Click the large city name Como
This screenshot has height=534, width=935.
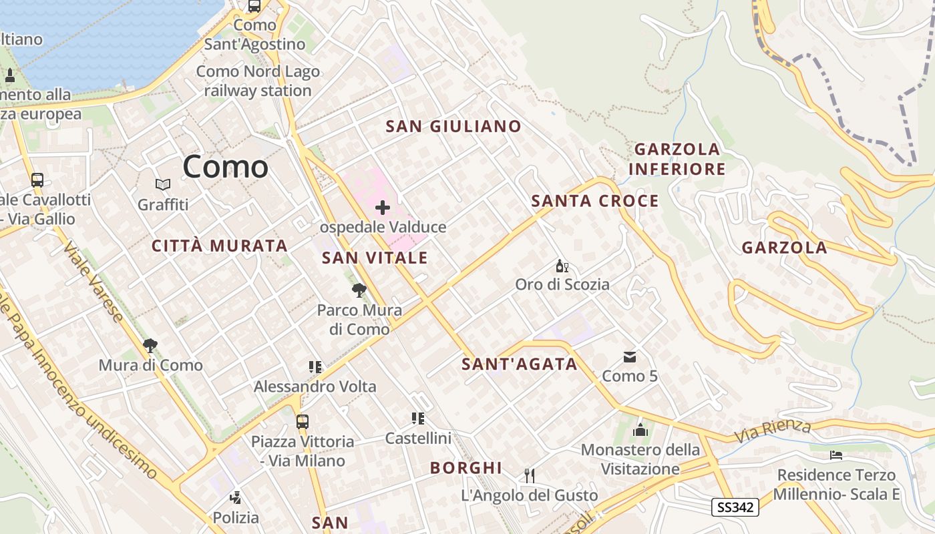tap(226, 166)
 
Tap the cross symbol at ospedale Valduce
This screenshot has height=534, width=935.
tap(383, 208)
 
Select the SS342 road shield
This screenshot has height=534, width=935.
tap(735, 507)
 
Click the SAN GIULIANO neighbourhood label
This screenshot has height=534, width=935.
tap(453, 126)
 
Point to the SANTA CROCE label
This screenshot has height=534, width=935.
tap(594, 201)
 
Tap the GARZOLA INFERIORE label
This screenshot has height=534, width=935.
tap(677, 159)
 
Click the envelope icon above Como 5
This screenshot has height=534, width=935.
tap(630, 357)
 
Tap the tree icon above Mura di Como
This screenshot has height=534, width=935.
tap(150, 346)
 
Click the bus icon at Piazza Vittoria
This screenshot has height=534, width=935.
tap(303, 422)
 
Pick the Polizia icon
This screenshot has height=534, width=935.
tap(235, 497)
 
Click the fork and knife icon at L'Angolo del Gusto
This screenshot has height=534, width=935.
tap(530, 475)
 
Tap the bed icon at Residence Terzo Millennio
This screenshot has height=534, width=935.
tap(836, 455)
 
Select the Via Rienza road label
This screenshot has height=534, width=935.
tap(773, 431)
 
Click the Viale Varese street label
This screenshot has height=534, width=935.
tap(93, 281)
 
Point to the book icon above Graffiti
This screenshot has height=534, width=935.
tap(163, 184)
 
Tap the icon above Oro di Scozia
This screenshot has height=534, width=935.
tap(562, 266)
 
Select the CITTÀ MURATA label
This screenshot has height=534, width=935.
tap(219, 246)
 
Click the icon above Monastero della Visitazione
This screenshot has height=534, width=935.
tap(640, 430)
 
